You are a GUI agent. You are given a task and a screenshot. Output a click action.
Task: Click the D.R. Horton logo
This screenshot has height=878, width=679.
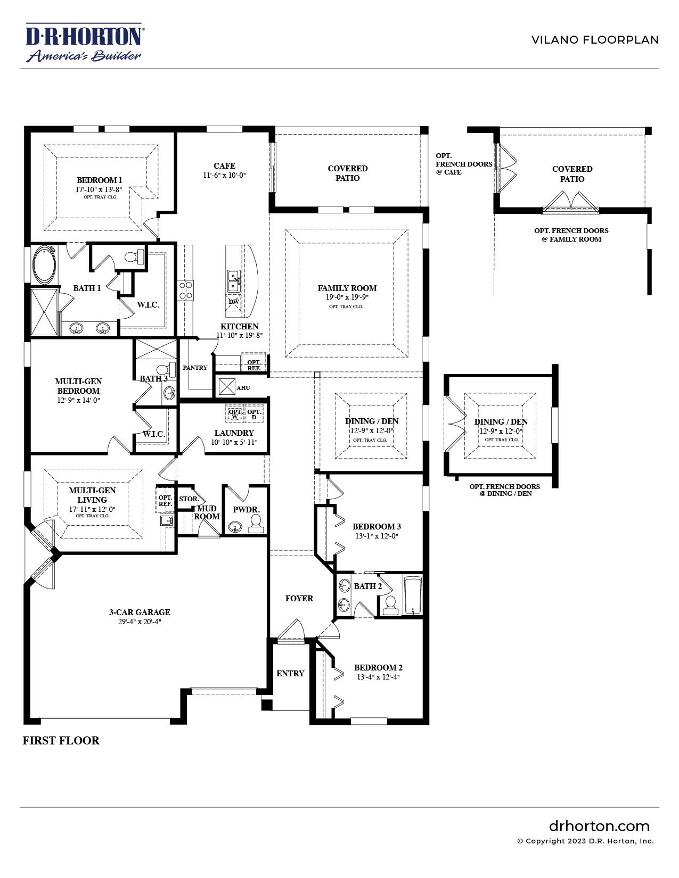84,43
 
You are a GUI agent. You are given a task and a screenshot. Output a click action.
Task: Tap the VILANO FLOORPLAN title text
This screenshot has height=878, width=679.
594,40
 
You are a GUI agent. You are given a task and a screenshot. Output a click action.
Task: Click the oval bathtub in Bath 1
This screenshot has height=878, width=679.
44,265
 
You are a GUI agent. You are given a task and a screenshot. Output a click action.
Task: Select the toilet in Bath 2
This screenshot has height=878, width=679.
391,605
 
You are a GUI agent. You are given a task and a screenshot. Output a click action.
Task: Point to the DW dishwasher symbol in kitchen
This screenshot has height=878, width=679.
234,302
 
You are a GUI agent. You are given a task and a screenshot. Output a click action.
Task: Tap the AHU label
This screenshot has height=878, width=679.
243,388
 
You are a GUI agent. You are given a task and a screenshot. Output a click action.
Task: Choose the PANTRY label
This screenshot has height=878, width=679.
195,368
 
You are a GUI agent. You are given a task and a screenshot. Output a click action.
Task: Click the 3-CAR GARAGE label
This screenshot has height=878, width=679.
140,612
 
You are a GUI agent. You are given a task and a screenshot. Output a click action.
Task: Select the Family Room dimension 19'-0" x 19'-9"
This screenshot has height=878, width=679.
347,297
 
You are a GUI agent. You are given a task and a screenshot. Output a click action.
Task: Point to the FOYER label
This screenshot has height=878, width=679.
299,599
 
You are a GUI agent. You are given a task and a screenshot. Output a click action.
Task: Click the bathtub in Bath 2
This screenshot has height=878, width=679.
413,595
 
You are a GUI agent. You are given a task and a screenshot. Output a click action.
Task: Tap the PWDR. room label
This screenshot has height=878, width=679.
246,510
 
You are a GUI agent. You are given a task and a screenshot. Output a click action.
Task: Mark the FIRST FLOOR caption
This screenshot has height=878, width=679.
61,741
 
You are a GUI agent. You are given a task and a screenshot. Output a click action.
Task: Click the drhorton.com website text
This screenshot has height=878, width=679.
599,826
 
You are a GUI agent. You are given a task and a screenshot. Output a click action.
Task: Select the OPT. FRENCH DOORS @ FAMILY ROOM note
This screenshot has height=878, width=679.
571,235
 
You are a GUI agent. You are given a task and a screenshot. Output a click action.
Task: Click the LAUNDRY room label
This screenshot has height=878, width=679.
234,433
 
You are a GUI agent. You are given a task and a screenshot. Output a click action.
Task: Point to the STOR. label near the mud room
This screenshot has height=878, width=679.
189,499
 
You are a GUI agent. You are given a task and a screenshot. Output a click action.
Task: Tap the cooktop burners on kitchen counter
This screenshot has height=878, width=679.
186,290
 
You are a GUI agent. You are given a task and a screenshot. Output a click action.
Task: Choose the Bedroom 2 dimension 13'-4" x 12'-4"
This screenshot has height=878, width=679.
378,677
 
